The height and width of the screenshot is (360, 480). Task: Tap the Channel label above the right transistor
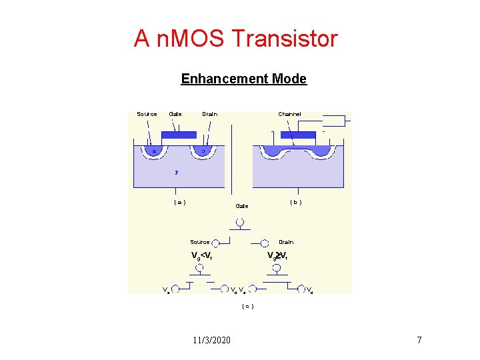(x=289, y=114)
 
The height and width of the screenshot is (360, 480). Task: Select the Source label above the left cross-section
(x=147, y=114)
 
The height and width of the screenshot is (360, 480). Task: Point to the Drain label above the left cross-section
(x=209, y=114)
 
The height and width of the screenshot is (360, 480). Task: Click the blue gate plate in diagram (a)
(x=179, y=135)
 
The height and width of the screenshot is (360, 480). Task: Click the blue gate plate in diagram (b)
(x=298, y=135)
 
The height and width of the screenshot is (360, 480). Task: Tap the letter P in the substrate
(x=176, y=172)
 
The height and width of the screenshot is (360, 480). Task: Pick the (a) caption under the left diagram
(x=179, y=202)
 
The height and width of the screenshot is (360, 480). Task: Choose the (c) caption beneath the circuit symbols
(x=247, y=306)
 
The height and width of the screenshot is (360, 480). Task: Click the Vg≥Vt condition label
(x=277, y=256)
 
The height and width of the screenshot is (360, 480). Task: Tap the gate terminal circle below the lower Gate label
(x=240, y=223)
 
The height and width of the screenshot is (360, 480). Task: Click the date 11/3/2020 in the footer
(x=212, y=341)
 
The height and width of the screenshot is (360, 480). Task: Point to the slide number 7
(x=419, y=341)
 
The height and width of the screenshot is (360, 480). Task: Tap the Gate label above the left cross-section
(x=175, y=114)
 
